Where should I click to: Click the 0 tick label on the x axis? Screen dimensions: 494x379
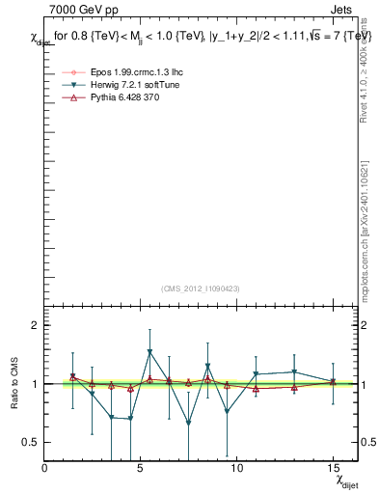[x=44, y=469]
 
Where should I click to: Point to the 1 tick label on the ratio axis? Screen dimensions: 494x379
[x=34, y=384]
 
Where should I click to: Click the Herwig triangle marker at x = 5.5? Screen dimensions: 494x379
[x=149, y=352]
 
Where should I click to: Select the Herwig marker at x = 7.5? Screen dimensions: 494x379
[x=188, y=423]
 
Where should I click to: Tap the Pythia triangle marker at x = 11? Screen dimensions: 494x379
[x=256, y=389]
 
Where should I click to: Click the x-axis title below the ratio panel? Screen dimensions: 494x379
[x=345, y=480]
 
